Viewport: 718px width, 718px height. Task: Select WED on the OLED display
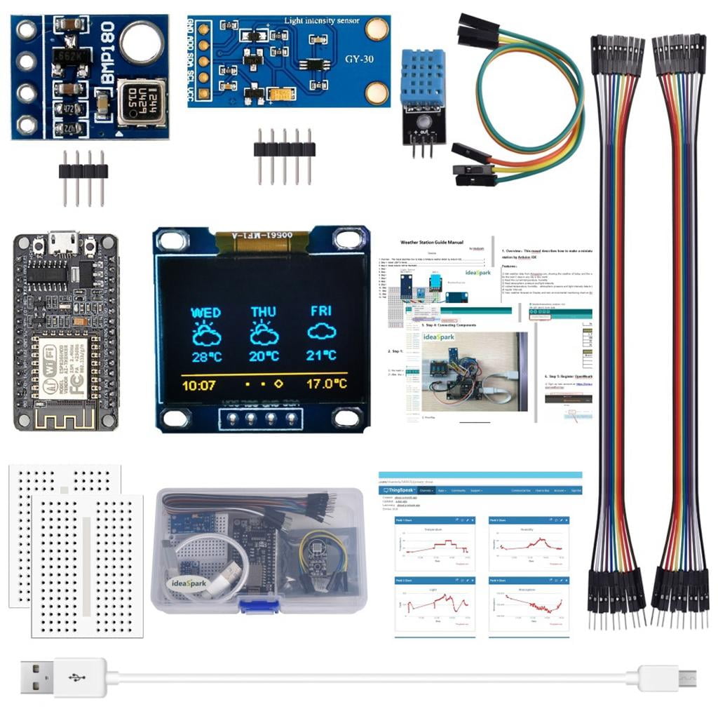[x=206, y=313]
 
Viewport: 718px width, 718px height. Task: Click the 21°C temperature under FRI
[x=321, y=355]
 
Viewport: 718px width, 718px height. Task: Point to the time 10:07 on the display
[x=198, y=384]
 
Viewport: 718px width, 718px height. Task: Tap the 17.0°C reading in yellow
[x=326, y=384]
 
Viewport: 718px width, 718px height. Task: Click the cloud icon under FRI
[x=321, y=332]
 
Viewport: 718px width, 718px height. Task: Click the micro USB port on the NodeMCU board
[x=65, y=243]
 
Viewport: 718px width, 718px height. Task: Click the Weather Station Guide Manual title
[x=431, y=243]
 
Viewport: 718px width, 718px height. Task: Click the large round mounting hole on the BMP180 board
[x=142, y=42]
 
